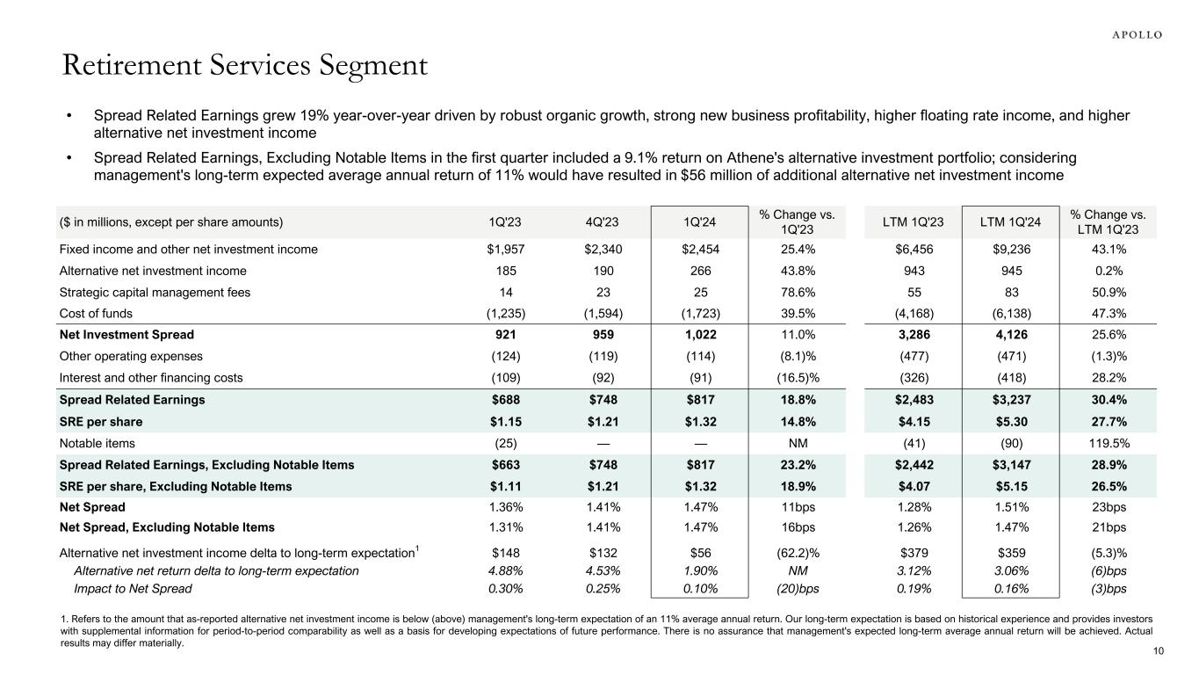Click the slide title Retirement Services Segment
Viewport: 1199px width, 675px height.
point(244,66)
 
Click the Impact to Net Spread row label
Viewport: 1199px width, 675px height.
point(132,589)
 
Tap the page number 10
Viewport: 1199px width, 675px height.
point(1158,651)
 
